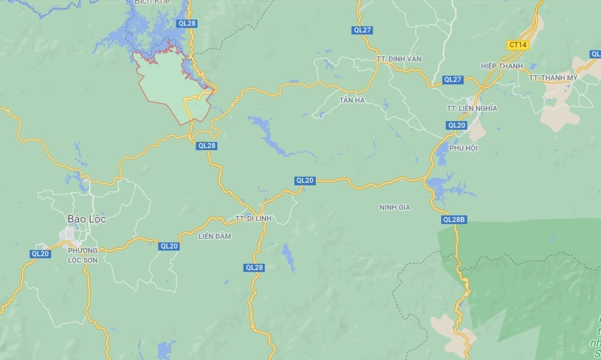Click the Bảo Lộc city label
pos(86,219)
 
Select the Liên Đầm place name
pos(215,236)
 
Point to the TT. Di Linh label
pos(253,219)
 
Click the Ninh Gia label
pos(395,207)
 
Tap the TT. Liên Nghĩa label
pos(471,108)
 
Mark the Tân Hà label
pos(352,100)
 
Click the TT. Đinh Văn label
pos(399,59)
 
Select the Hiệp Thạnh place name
pos(502,66)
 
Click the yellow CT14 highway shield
pos(518,45)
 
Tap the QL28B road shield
pos(454,220)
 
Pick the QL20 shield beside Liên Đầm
pos(169,246)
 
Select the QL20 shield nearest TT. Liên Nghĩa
pos(456,125)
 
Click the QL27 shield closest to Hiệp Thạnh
pos(453,79)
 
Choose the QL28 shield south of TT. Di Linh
pos(254,268)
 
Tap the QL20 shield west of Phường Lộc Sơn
pos(40,254)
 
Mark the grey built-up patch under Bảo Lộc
pos(70,235)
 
